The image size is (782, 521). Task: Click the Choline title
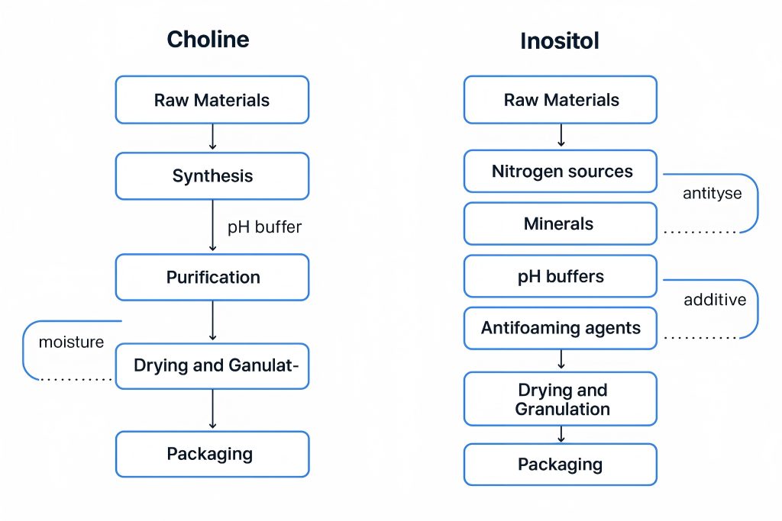tap(208, 40)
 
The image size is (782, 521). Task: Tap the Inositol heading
tap(560, 40)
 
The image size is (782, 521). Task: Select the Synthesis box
tap(212, 176)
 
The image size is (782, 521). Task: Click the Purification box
tap(212, 277)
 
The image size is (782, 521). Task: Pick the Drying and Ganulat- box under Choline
tap(212, 365)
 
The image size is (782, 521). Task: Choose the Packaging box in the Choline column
tap(212, 454)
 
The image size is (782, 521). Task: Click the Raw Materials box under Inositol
tap(561, 100)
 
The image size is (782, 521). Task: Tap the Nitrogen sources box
tap(561, 172)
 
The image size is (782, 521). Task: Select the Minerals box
tap(561, 224)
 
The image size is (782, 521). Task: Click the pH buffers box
tap(561, 276)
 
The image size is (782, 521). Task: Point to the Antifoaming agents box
tap(561, 329)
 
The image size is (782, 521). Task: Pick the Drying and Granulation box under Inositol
tap(561, 399)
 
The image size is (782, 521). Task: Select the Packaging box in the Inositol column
tap(561, 465)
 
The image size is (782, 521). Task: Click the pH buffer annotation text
tap(264, 227)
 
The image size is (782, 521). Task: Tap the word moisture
tap(71, 342)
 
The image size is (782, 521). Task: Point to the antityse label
tap(712, 193)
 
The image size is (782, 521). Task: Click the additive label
tap(715, 300)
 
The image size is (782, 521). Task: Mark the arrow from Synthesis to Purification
tap(212, 226)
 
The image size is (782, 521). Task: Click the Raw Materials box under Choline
tap(212, 100)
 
